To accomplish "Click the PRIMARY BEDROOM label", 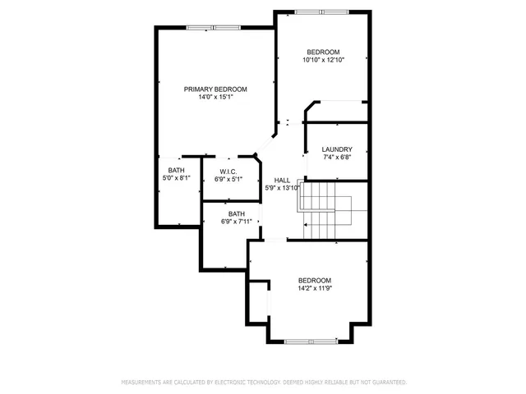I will point(215,89).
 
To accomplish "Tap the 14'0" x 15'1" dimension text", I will point(215,97).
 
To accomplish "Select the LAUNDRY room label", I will point(337,149).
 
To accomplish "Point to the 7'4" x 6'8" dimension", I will point(337,157).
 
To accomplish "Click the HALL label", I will point(282,180).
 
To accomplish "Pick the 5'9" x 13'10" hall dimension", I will point(282,188).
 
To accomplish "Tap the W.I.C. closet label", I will point(228,172).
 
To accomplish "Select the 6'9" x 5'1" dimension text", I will point(228,179).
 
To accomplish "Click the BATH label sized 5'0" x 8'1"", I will point(177,170).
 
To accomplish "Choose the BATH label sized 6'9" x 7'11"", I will point(237,213).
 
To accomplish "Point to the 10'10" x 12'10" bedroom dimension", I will point(323,60).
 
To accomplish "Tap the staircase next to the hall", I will point(325,209).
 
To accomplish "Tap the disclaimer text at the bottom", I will point(263,382).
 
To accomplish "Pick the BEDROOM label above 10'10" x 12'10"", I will point(323,52).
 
